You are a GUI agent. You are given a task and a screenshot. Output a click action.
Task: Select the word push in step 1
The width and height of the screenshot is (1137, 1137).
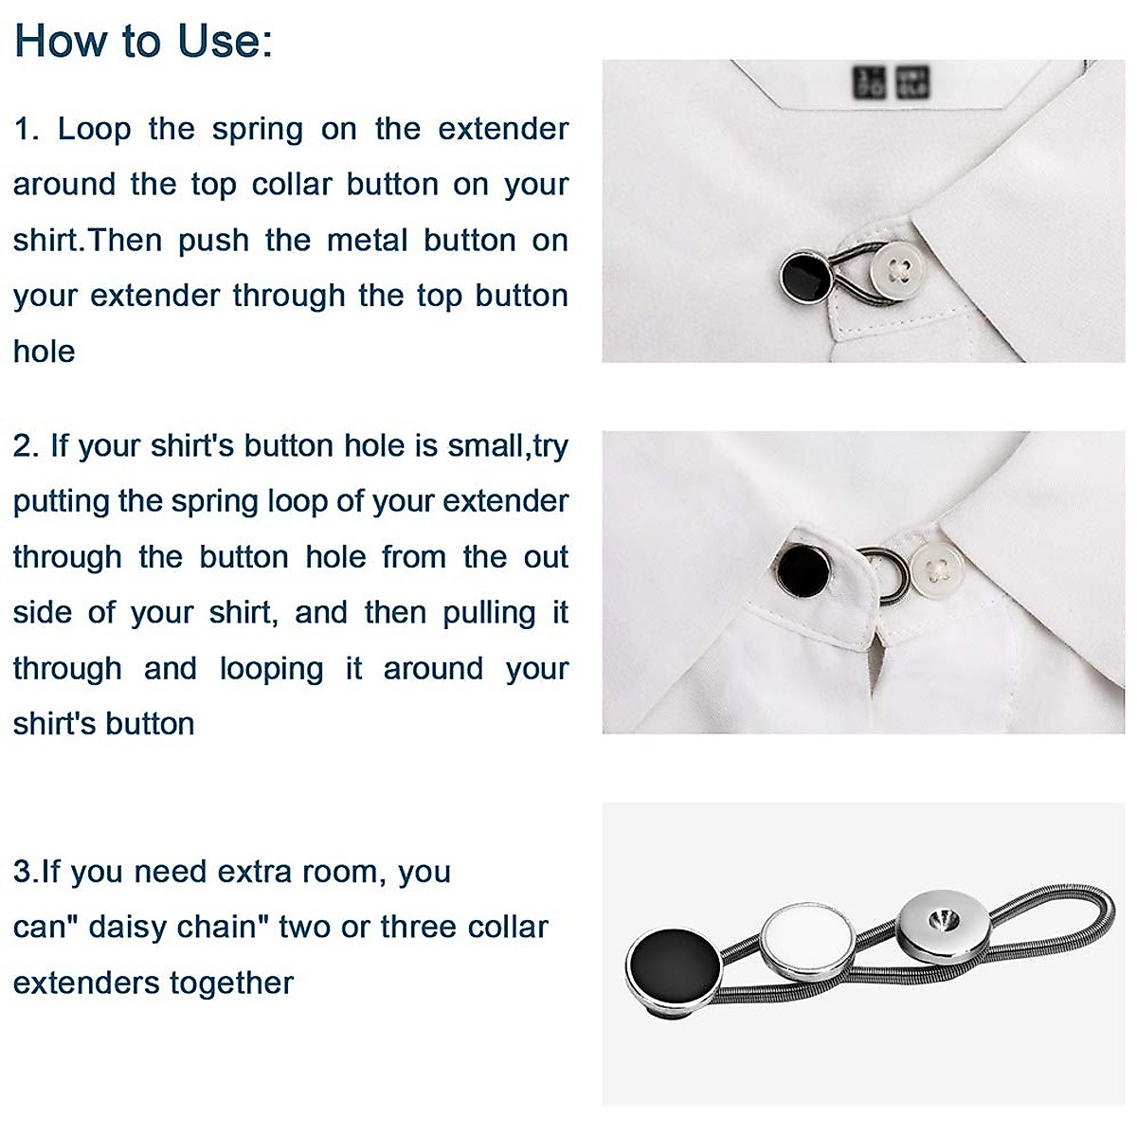tap(213, 241)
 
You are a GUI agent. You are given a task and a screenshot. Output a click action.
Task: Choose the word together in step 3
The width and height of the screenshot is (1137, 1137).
tap(238, 983)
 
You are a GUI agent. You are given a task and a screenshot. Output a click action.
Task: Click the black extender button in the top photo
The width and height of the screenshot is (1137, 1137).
tap(805, 276)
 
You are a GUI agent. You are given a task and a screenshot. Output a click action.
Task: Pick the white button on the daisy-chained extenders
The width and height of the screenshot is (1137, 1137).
tap(807, 939)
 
